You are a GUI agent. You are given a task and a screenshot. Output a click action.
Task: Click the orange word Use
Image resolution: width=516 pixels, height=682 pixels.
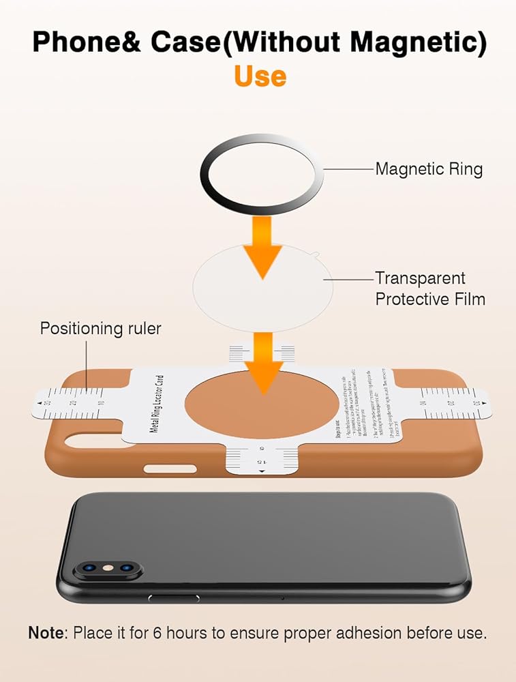pos(260,76)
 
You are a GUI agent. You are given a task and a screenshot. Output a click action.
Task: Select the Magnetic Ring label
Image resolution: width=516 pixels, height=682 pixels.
pos(429,168)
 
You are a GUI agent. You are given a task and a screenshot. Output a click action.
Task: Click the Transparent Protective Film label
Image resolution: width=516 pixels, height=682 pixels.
pos(429,288)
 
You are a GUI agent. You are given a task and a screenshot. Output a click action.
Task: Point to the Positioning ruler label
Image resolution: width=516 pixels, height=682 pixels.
pos(101,328)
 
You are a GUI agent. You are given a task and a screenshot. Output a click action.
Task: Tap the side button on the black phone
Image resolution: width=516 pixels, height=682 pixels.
pos(174,597)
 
